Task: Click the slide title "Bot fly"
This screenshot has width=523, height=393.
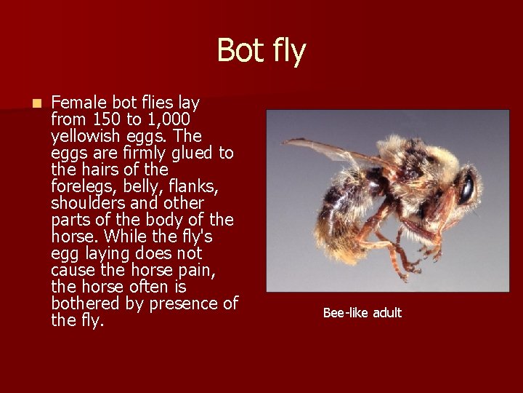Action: point(261,51)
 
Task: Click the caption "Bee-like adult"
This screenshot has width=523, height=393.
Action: point(362,313)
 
